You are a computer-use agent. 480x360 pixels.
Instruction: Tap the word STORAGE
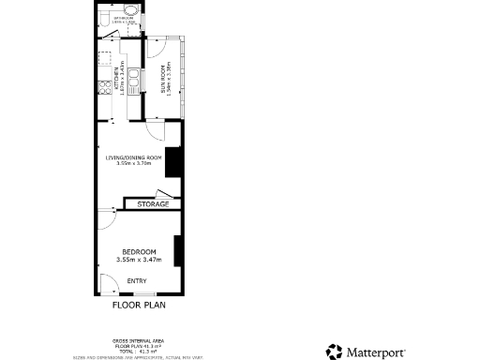click(x=152, y=203)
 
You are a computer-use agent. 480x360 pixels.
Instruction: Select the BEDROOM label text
click(x=138, y=253)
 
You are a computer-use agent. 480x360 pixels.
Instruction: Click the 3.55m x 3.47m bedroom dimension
click(x=139, y=260)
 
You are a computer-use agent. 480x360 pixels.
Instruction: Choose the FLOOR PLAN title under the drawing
click(x=139, y=305)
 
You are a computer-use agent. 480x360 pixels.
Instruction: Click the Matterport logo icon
click(x=335, y=352)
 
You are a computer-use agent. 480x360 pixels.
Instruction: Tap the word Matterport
click(x=378, y=352)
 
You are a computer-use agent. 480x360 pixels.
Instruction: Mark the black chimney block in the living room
click(x=172, y=162)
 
